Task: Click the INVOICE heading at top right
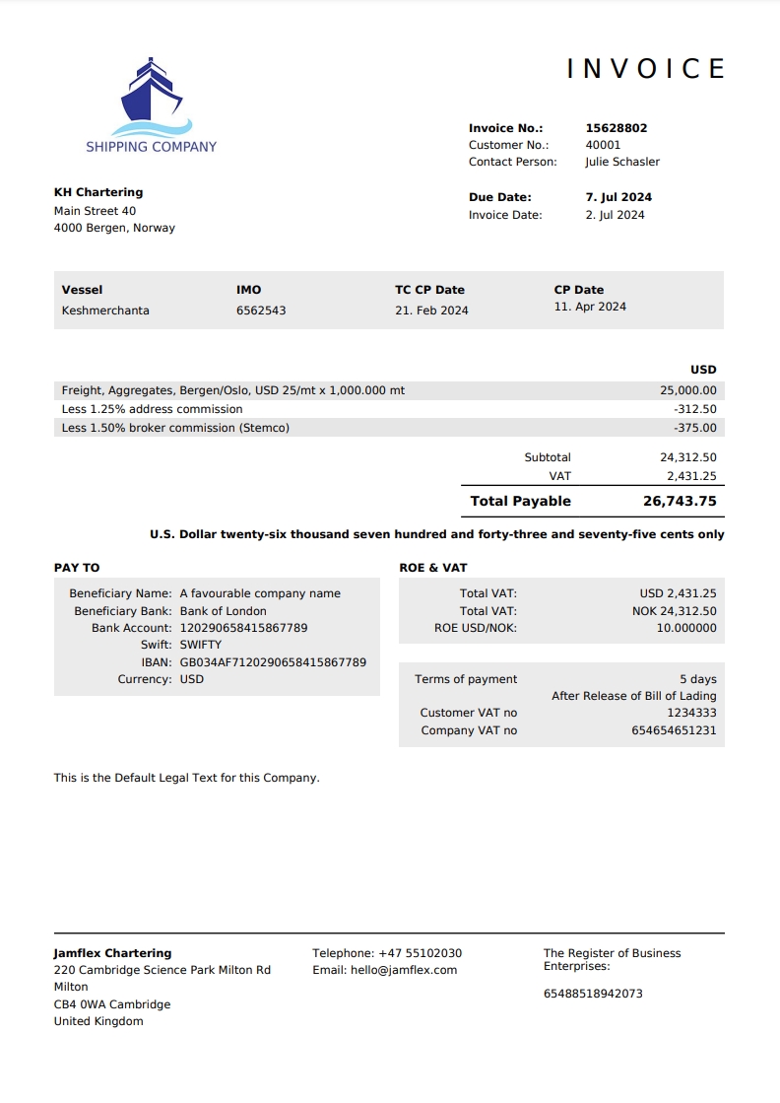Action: click(646, 68)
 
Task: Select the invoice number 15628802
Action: click(617, 128)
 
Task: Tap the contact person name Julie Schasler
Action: click(622, 162)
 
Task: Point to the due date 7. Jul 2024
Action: click(618, 197)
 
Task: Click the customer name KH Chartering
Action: click(98, 192)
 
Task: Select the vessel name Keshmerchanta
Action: click(105, 310)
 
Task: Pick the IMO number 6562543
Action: click(261, 310)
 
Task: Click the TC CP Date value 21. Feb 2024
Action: click(431, 310)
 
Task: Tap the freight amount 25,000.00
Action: click(688, 390)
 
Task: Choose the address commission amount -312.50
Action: click(695, 409)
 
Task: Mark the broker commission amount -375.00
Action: click(695, 428)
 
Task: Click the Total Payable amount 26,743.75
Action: click(680, 501)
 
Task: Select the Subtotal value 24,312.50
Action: click(688, 457)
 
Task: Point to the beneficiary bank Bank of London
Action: click(223, 611)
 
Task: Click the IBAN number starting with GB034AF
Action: click(273, 662)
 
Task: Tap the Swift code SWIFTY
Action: click(201, 645)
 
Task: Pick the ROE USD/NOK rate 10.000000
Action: click(686, 627)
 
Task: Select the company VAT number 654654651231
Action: click(674, 730)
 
